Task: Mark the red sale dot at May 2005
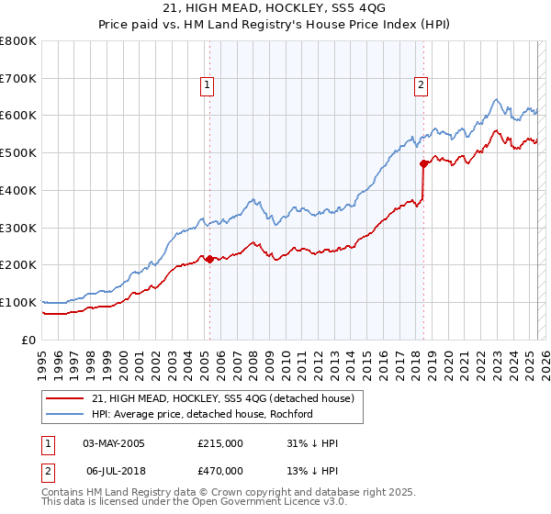(x=209, y=259)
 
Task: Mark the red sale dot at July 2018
(x=423, y=164)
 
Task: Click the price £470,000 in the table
(x=220, y=470)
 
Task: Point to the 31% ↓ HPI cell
(x=312, y=443)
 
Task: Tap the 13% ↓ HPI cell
(x=312, y=470)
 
